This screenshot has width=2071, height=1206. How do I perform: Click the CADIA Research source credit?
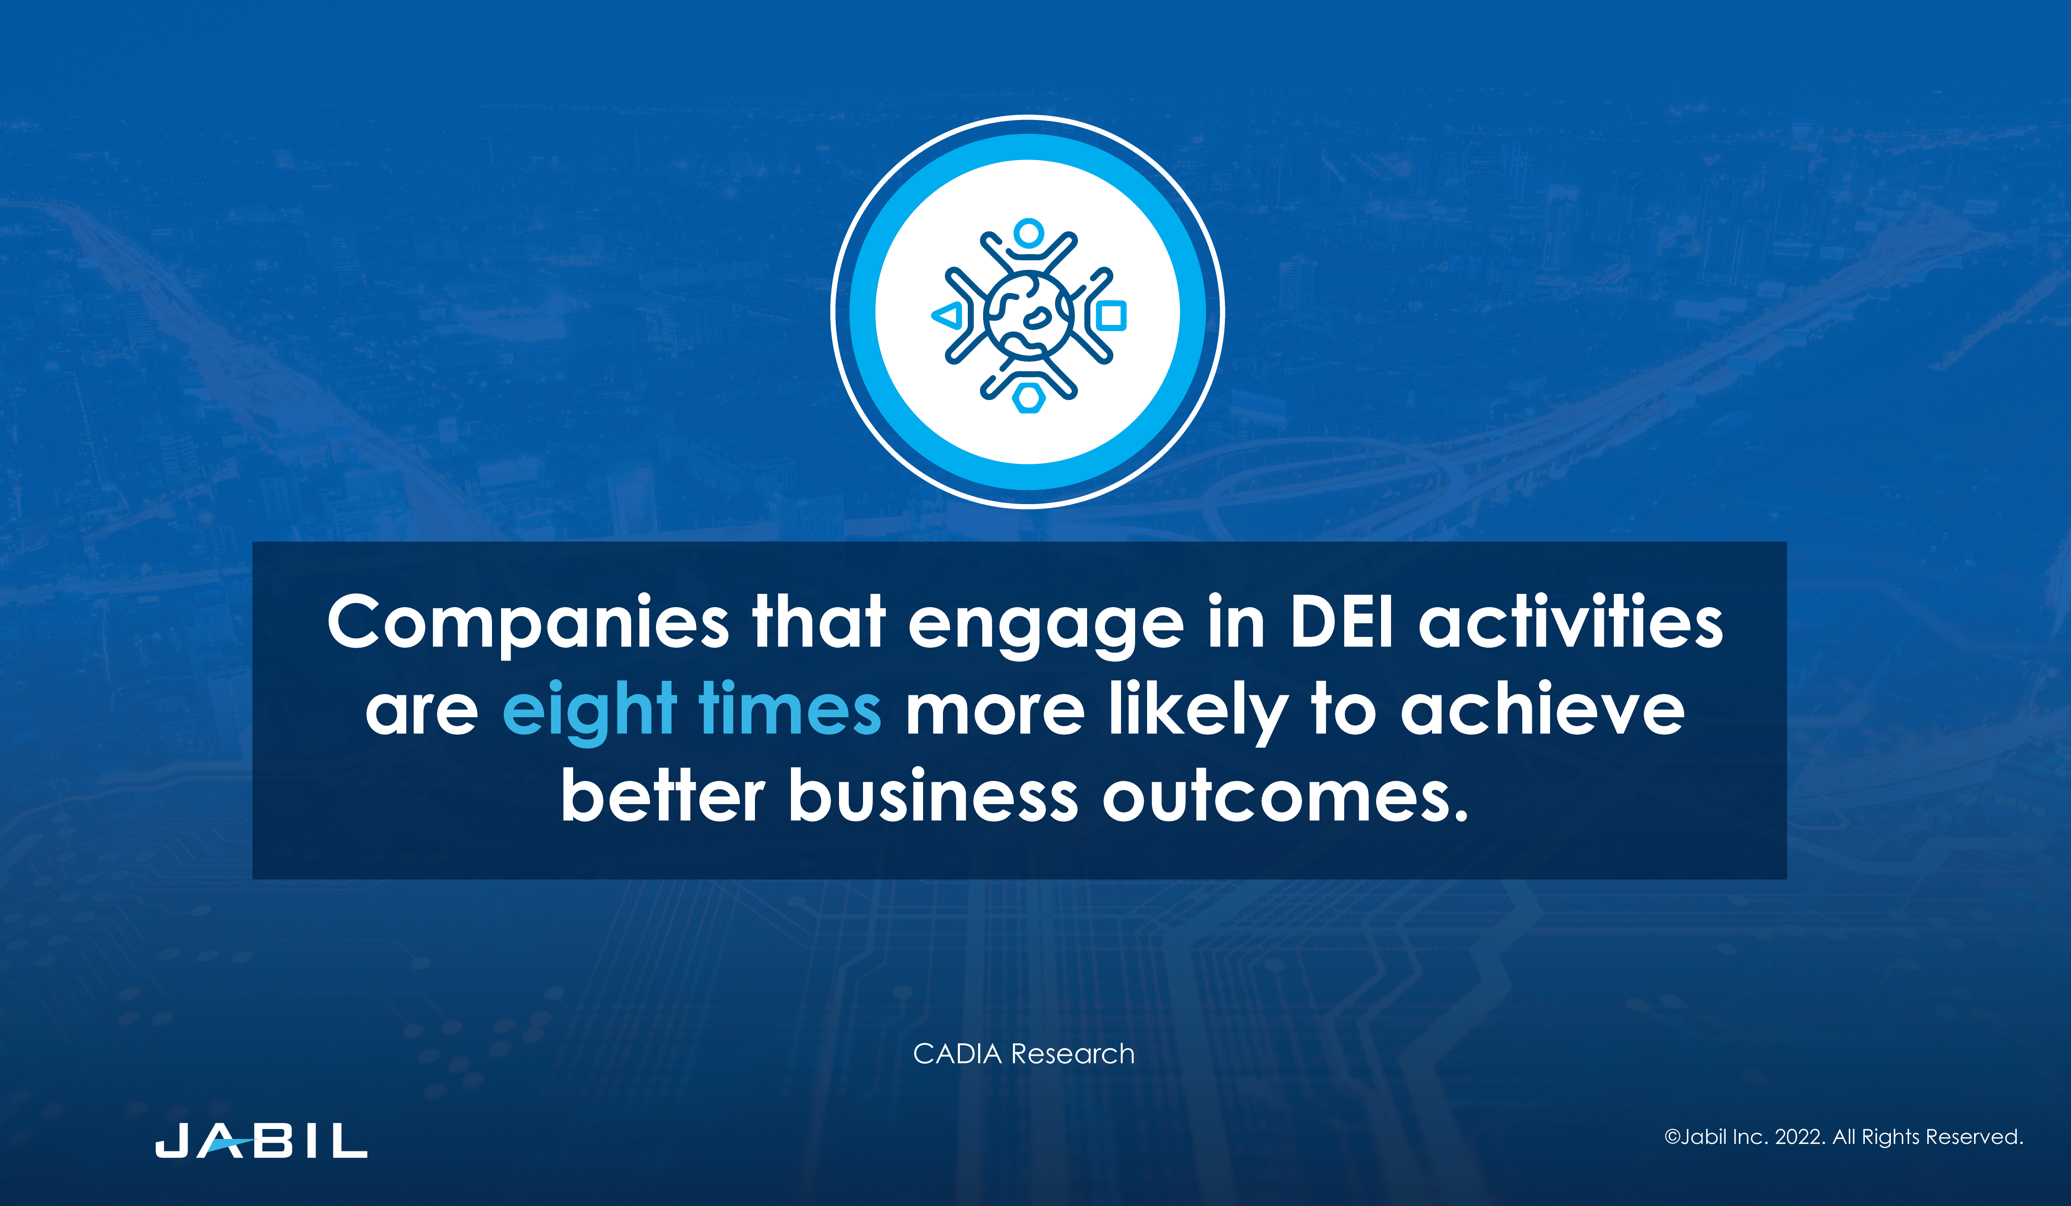(1024, 1054)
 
